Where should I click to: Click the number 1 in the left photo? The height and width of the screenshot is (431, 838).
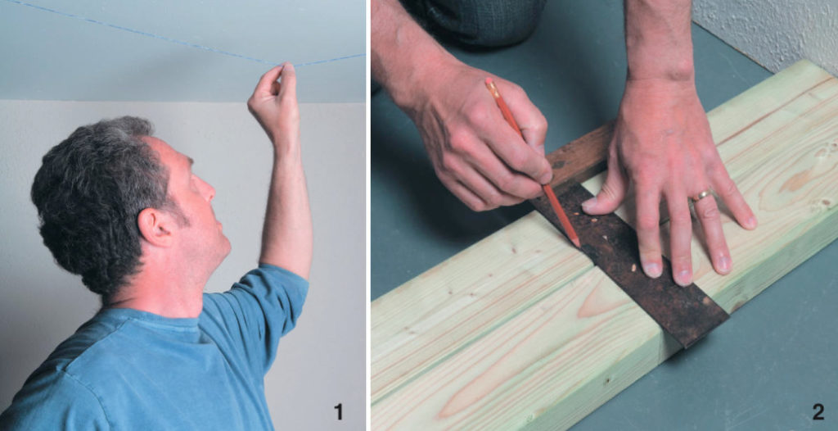pyautogui.click(x=339, y=411)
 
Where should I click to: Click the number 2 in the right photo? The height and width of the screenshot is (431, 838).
pyautogui.click(x=817, y=411)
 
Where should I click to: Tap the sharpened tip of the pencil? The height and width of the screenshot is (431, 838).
pyautogui.click(x=578, y=243)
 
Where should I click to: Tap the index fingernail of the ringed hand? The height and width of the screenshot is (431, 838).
pyautogui.click(x=651, y=268)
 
